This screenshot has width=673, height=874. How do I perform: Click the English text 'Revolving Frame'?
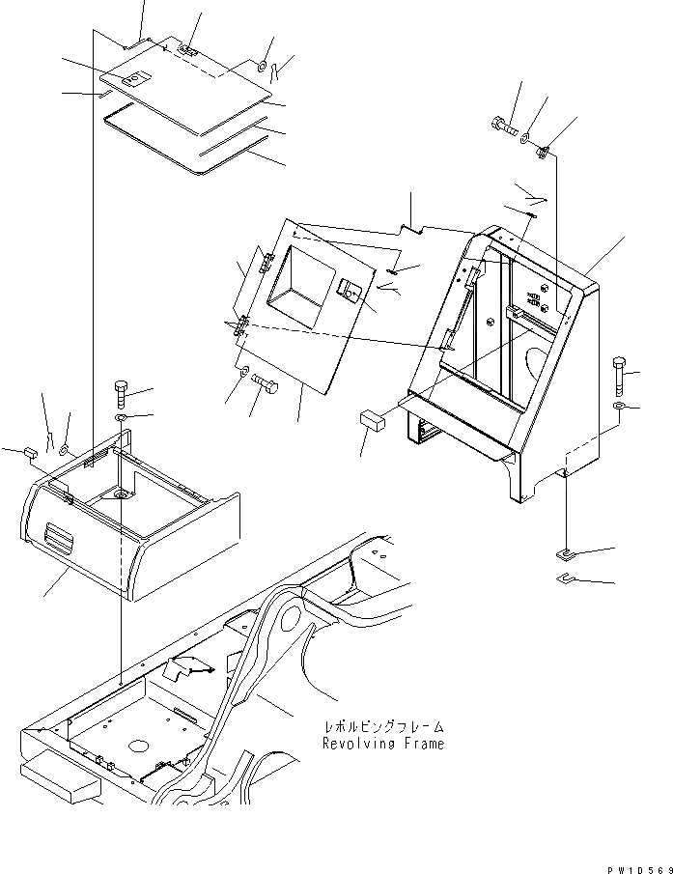pos(384,744)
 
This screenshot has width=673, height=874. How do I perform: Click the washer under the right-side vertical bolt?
pos(619,407)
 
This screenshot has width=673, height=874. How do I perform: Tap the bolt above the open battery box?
pos(121,393)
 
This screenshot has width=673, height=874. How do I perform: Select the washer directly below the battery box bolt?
pos(121,418)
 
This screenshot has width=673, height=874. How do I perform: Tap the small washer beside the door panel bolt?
pos(243,372)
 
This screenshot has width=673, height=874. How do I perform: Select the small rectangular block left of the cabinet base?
pos(372,419)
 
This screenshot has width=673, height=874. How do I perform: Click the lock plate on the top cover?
pos(141,80)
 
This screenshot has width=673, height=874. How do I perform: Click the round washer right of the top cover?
pos(262,66)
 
